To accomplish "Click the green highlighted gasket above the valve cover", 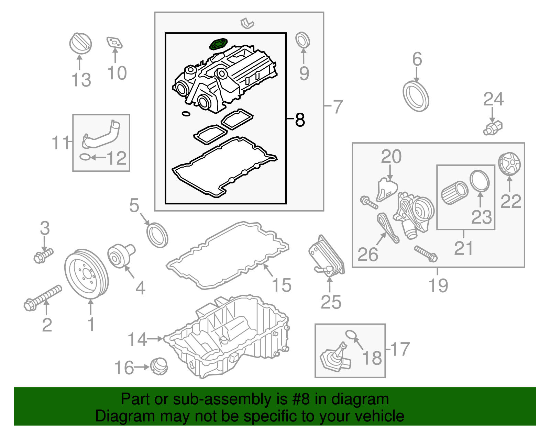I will click(x=218, y=44).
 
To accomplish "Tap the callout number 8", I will click(x=300, y=120).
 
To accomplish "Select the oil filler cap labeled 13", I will click(x=80, y=43).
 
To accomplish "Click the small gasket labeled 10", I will click(x=114, y=43).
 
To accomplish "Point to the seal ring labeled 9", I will click(x=302, y=40).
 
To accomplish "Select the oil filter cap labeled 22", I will click(x=509, y=164).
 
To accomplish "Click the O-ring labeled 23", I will click(x=480, y=181).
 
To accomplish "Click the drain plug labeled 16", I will click(x=159, y=366).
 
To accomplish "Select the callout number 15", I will click(x=282, y=285).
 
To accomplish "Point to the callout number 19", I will click(x=438, y=285).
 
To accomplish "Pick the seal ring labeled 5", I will click(x=157, y=235).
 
